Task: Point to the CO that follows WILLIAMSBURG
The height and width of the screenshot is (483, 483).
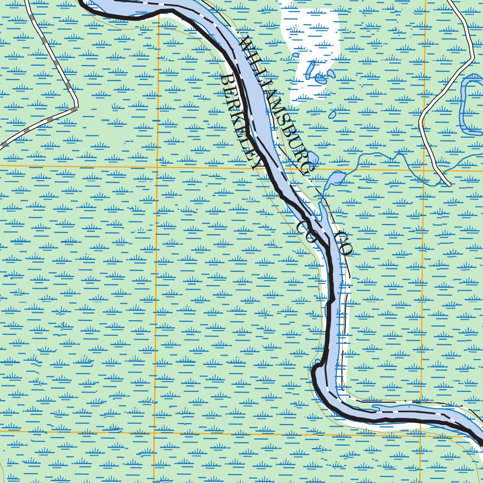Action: tap(344, 243)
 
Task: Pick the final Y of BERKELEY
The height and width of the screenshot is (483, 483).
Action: tap(258, 163)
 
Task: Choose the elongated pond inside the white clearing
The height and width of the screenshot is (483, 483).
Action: tap(310, 70)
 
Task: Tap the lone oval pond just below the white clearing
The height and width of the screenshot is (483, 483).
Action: tap(333, 114)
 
